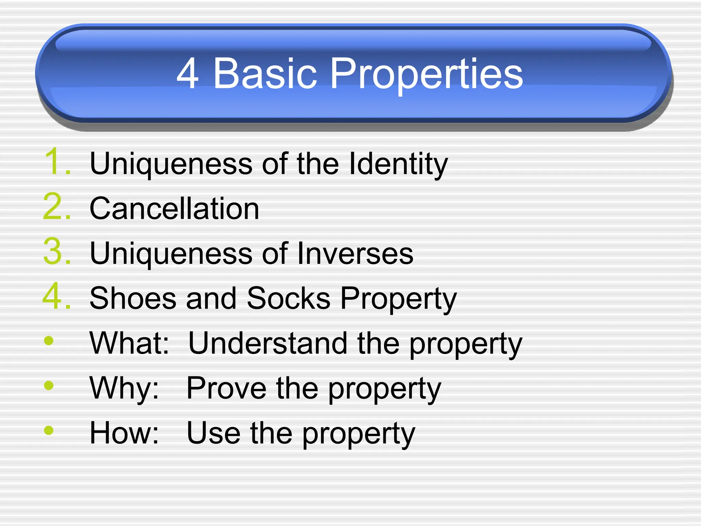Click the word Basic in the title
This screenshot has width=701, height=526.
click(x=265, y=73)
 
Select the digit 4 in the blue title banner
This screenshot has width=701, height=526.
click(x=188, y=73)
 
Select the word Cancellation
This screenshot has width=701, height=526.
click(x=174, y=209)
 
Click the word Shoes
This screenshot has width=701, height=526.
click(x=133, y=298)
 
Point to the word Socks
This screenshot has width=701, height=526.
click(x=289, y=298)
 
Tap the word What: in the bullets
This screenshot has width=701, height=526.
click(x=129, y=343)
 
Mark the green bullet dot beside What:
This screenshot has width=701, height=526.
click(x=49, y=341)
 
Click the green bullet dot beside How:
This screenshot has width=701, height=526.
click(x=49, y=430)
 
